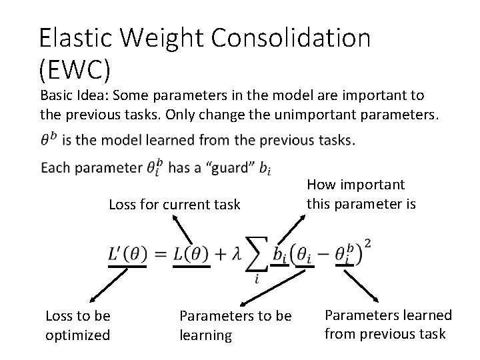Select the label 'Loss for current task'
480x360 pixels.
point(174,205)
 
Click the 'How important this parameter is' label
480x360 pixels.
point(361,193)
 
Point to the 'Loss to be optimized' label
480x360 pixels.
point(77,325)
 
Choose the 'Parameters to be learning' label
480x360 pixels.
point(235,325)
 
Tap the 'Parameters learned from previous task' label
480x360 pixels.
point(387,323)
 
